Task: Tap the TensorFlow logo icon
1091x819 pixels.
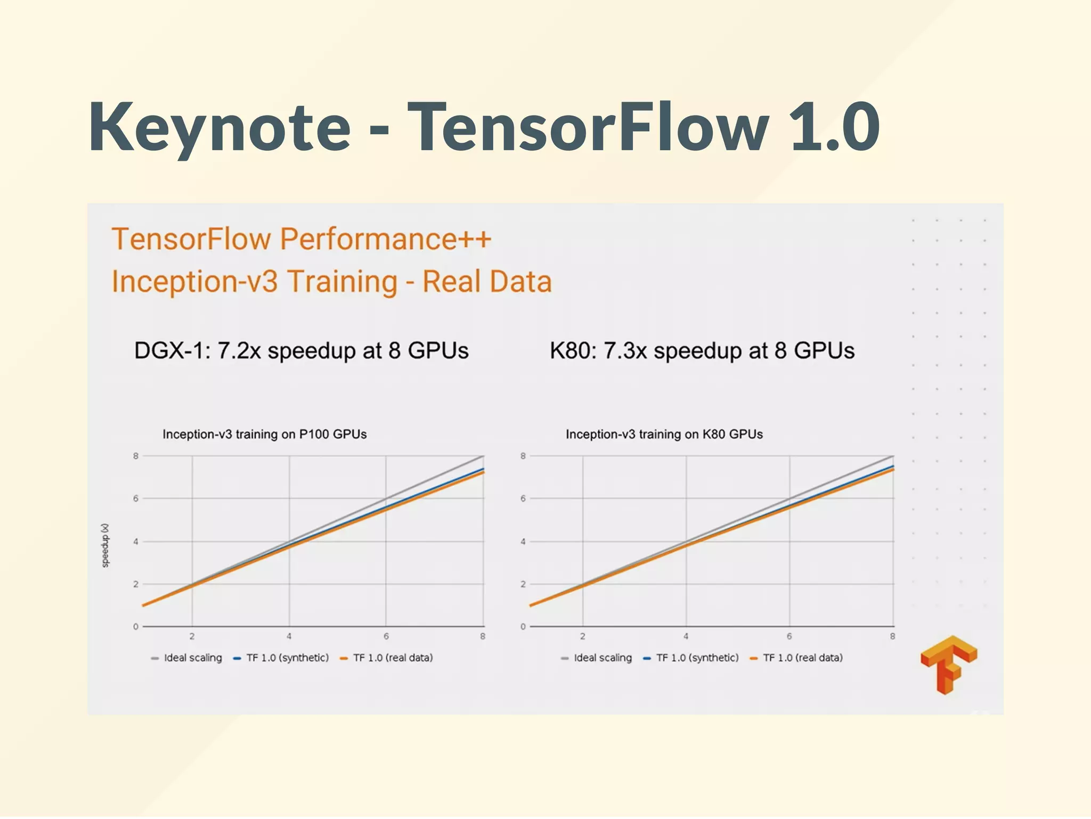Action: (x=948, y=665)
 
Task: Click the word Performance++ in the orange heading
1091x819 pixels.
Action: (x=385, y=239)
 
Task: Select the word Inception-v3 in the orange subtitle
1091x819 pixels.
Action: (x=194, y=282)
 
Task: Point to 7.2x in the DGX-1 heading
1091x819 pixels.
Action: (x=239, y=351)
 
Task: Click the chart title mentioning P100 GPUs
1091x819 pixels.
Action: (x=264, y=435)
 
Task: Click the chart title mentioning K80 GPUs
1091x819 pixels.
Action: (x=664, y=435)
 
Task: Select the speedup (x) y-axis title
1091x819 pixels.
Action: (x=105, y=545)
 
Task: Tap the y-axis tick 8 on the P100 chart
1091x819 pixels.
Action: (x=136, y=456)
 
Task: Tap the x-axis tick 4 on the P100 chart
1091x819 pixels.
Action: (x=289, y=636)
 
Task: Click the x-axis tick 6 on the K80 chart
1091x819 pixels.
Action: (x=789, y=636)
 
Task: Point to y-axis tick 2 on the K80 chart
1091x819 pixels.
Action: (x=523, y=584)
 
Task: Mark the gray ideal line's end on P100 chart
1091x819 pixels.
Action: (x=483, y=456)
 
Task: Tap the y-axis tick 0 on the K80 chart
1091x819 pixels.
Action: (x=523, y=627)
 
